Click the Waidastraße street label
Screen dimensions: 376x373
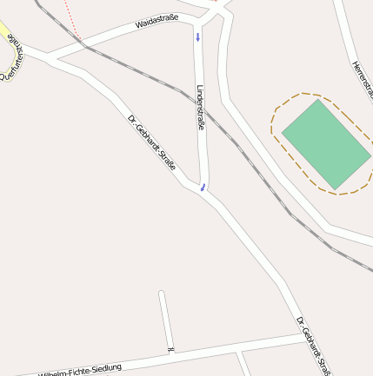[157, 22]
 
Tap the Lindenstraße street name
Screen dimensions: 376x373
[201, 108]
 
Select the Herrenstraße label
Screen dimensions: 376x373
[363, 78]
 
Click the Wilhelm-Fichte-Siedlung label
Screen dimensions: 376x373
[80, 370]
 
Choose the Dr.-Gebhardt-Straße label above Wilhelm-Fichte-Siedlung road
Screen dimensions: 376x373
[313, 346]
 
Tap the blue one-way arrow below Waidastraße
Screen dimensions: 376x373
[197, 37]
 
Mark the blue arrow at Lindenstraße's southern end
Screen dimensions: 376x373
[203, 186]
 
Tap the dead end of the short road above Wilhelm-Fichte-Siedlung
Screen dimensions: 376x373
[162, 294]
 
